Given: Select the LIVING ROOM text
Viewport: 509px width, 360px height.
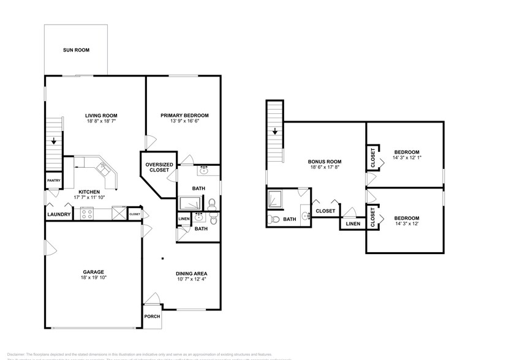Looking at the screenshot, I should click(x=101, y=115).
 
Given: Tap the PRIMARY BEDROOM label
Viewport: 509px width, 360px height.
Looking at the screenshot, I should click(x=184, y=115).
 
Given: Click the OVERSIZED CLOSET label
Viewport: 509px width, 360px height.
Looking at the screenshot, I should click(x=159, y=167).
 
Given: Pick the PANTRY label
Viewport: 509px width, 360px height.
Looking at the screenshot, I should click(x=53, y=180).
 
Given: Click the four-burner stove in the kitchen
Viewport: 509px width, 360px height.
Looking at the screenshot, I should click(x=87, y=214).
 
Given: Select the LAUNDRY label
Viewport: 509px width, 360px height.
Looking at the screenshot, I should click(x=59, y=214).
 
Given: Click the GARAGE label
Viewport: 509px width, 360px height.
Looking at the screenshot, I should click(x=93, y=272).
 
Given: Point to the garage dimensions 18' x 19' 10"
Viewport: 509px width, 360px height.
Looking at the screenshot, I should click(x=93, y=279).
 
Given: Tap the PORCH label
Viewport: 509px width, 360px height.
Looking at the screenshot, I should click(x=151, y=317).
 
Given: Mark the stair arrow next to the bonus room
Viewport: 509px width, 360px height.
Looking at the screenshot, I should click(x=275, y=130).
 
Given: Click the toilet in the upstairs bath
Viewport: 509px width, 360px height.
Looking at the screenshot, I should click(x=274, y=219).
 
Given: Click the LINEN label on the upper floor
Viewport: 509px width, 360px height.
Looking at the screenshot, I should click(x=353, y=224).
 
